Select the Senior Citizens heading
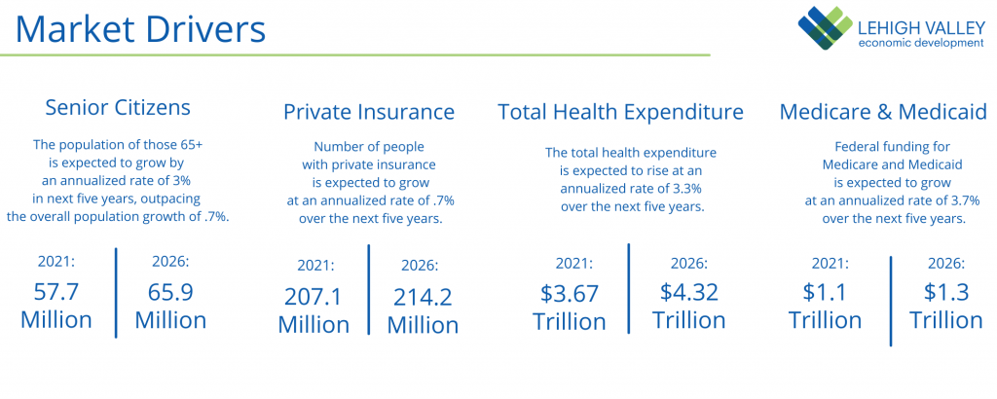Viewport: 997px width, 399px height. pyautogui.click(x=118, y=107)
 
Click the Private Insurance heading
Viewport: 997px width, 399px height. pyautogui.click(x=369, y=112)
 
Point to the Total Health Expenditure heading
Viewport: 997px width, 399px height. pyautogui.click(x=620, y=112)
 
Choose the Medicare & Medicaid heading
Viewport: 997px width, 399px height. pyautogui.click(x=883, y=112)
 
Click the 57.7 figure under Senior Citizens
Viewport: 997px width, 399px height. pyautogui.click(x=56, y=293)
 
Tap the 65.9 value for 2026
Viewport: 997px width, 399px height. pyautogui.click(x=170, y=293)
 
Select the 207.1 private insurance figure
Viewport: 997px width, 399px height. pyautogui.click(x=314, y=298)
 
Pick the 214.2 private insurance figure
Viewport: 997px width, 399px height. pyautogui.click(x=423, y=298)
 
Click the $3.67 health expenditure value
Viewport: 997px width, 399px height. pyautogui.click(x=570, y=293)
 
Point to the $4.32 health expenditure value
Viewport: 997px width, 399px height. pyautogui.click(x=688, y=291)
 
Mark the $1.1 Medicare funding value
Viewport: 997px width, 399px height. pyautogui.click(x=825, y=292)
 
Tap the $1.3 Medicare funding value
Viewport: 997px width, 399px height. pyautogui.click(x=944, y=292)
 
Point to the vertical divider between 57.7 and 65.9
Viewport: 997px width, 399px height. pyautogui.click(x=117, y=292)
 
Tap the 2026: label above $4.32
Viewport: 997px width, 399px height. pyautogui.click(x=688, y=264)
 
